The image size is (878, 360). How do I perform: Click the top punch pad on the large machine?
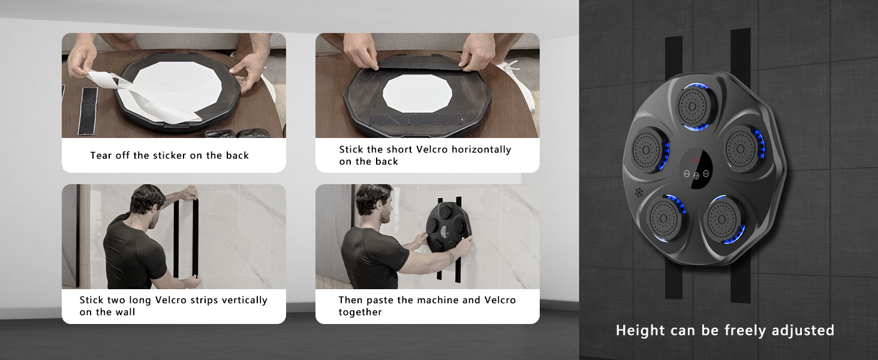(692, 106)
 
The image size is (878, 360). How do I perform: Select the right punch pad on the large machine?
(742, 149)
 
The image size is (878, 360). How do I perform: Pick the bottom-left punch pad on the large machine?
(666, 218)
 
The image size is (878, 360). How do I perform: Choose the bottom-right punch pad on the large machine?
(723, 219)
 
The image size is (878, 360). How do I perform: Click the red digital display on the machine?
(696, 160)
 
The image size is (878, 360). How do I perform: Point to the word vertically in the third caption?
(245, 300)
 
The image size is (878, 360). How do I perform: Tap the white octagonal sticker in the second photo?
(417, 94)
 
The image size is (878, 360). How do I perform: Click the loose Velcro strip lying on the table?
(88, 110)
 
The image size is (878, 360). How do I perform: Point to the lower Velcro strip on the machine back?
(416, 119)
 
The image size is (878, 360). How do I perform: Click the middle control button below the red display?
(696, 176)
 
